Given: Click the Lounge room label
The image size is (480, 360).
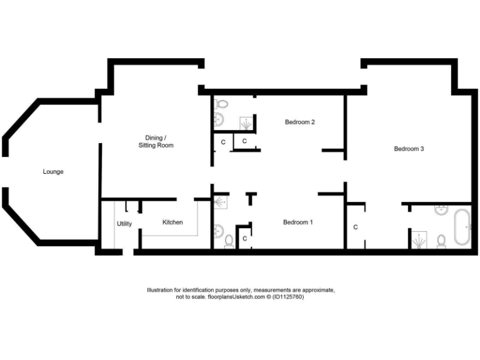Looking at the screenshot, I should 53,171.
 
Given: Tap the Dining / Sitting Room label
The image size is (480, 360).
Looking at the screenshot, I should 156,141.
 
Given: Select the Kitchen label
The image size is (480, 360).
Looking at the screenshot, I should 172,222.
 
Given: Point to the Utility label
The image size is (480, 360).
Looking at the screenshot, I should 124,224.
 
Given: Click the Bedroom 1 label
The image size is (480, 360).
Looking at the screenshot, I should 297,222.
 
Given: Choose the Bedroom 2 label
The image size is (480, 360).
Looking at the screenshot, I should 299,122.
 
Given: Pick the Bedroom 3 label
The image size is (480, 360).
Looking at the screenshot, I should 409,149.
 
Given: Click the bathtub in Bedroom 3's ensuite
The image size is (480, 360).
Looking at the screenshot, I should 463,227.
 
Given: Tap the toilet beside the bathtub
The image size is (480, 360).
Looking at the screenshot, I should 441,239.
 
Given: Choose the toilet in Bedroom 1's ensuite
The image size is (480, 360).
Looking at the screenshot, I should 228,241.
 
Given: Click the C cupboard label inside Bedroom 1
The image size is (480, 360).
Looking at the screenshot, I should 244,238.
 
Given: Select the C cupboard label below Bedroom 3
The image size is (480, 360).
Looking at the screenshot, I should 356,227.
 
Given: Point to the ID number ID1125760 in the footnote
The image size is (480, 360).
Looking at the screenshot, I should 287,297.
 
